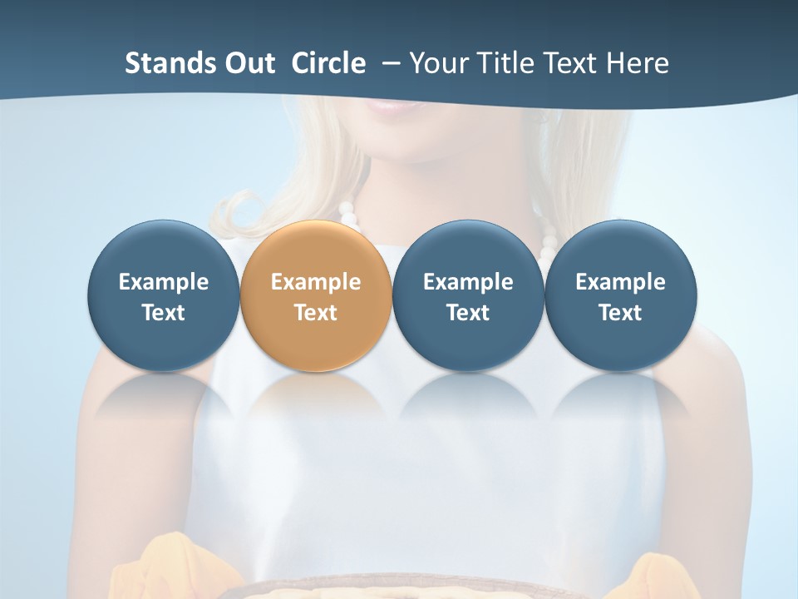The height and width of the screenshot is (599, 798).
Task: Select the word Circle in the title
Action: click(x=328, y=63)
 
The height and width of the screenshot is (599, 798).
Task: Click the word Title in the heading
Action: click(x=508, y=63)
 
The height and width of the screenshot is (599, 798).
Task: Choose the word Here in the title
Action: click(x=635, y=63)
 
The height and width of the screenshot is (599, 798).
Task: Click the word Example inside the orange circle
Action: click(x=316, y=282)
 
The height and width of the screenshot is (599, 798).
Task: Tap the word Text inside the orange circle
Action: click(x=316, y=313)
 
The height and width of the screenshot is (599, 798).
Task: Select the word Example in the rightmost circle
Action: click(x=620, y=282)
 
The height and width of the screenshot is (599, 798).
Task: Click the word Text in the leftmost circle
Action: click(x=163, y=313)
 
